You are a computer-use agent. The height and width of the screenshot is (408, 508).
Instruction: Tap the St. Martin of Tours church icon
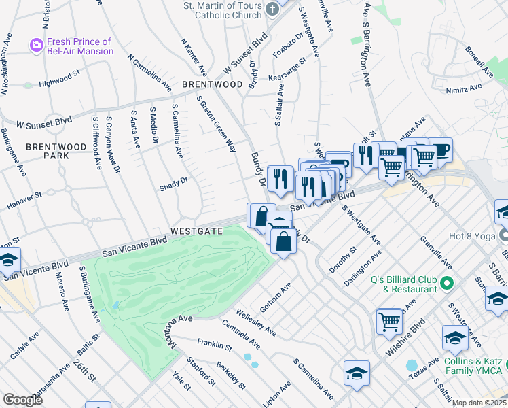pyautogui.click(x=272, y=10)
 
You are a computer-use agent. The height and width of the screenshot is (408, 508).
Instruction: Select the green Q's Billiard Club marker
pyautogui.click(x=445, y=282)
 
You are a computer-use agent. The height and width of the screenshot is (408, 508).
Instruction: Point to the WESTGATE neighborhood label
pyautogui.click(x=196, y=231)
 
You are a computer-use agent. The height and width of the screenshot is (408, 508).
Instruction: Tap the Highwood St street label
pyautogui.click(x=60, y=80)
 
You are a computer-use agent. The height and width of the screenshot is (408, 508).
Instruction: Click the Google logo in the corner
pyautogui.click(x=22, y=400)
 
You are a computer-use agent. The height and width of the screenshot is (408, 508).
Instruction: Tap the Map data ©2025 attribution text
pyautogui.click(x=479, y=403)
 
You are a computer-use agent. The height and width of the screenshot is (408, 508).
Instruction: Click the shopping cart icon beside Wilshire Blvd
pyautogui.click(x=389, y=320)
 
